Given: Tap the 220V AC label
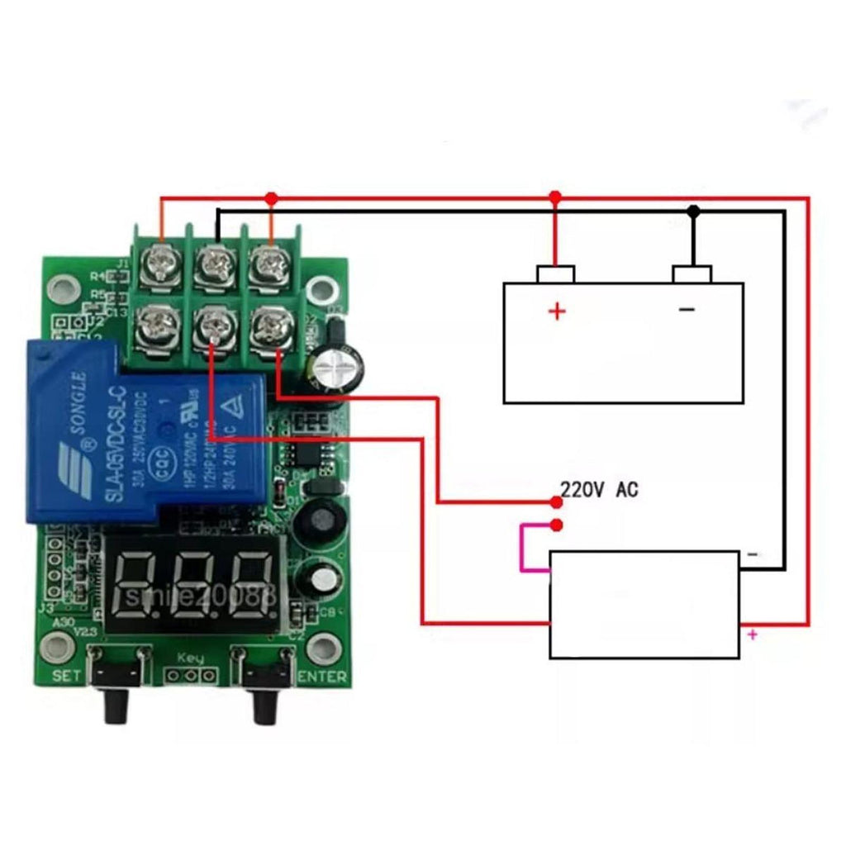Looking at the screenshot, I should pyautogui.click(x=600, y=490).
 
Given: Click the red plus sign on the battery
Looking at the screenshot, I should pyautogui.click(x=558, y=311).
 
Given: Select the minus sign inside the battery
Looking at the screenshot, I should pyautogui.click(x=687, y=310).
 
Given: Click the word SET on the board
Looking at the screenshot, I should pyautogui.click(x=67, y=675).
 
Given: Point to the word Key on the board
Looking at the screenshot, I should pyautogui.click(x=190, y=658).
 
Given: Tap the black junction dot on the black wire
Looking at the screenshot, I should pyautogui.click(x=694, y=211).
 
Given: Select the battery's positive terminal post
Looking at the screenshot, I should pyautogui.click(x=555, y=273).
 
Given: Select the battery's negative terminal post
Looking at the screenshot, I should pyautogui.click(x=692, y=273).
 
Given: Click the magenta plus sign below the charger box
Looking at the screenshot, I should pyautogui.click(x=752, y=634).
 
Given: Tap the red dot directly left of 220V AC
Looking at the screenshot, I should pyautogui.click(x=556, y=501).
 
